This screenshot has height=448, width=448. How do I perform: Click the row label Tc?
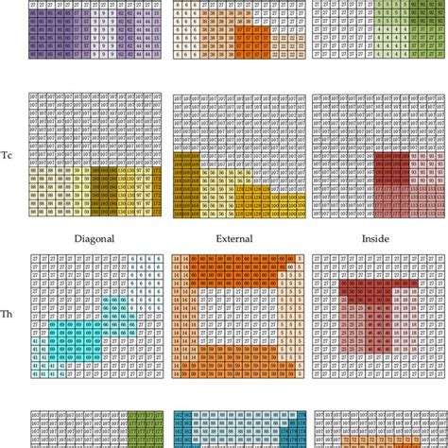click(8, 155)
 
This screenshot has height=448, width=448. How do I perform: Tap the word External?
click(233, 239)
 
